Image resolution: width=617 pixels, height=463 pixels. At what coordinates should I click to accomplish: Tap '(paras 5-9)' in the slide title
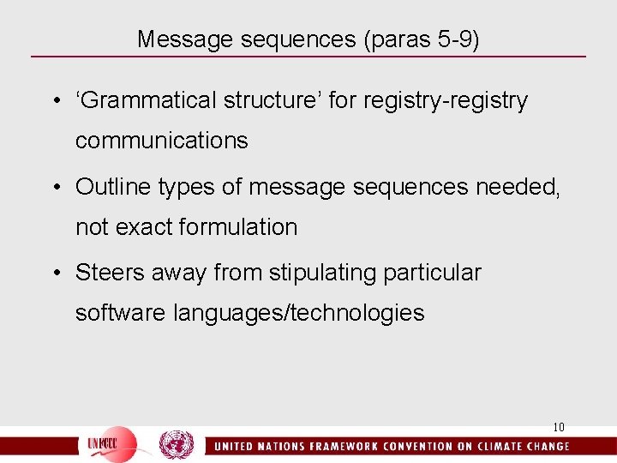point(422,39)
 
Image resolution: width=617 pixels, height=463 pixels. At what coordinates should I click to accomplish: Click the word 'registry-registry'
point(446,100)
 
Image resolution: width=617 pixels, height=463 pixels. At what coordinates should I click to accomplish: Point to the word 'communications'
point(162,141)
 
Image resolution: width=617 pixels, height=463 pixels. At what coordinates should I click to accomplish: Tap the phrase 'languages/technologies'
point(298,313)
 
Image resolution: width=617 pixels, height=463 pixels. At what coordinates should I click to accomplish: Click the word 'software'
point(121,313)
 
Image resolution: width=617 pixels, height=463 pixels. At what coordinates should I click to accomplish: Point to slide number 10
point(559,427)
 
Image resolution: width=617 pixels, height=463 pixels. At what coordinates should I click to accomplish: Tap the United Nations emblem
point(177,445)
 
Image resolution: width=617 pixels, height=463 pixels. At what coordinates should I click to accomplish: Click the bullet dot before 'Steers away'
point(56,273)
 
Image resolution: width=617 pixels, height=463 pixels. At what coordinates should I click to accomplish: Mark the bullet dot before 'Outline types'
point(56,186)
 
